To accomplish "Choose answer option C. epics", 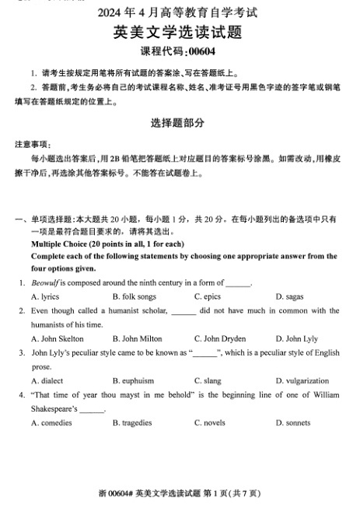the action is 208,296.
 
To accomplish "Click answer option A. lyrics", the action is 45,296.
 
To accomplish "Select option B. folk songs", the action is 134,296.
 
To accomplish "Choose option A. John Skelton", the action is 57,338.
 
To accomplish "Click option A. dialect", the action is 47,381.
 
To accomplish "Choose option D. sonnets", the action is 292,423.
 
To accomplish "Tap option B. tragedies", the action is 136,423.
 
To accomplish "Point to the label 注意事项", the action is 33,145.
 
